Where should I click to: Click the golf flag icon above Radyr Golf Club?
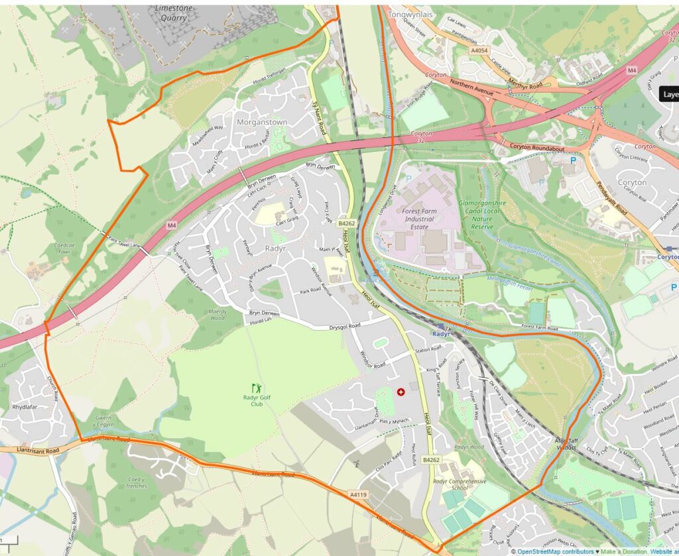tap(256, 387)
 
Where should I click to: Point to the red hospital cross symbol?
tap(401, 392)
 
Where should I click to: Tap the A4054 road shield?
tap(478, 50)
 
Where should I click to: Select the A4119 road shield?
tap(357, 494)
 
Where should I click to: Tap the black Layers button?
tap(670, 94)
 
